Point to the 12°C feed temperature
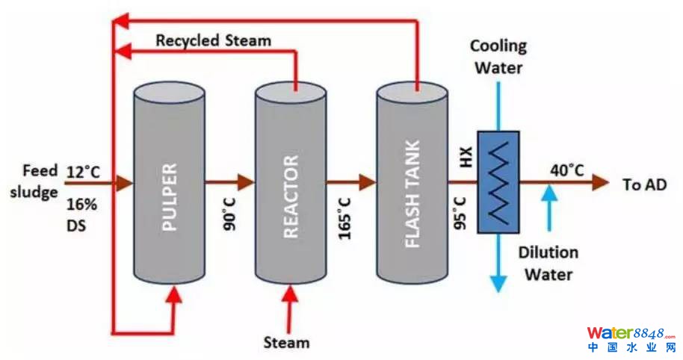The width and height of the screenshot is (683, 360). click(83, 173)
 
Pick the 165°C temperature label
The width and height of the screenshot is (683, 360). click(344, 217)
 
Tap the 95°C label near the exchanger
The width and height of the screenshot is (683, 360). click(460, 212)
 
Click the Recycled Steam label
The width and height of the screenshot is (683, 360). click(213, 40)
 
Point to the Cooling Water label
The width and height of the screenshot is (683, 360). click(498, 57)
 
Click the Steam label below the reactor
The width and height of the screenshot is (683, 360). click(286, 343)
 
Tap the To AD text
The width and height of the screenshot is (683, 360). click(643, 184)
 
